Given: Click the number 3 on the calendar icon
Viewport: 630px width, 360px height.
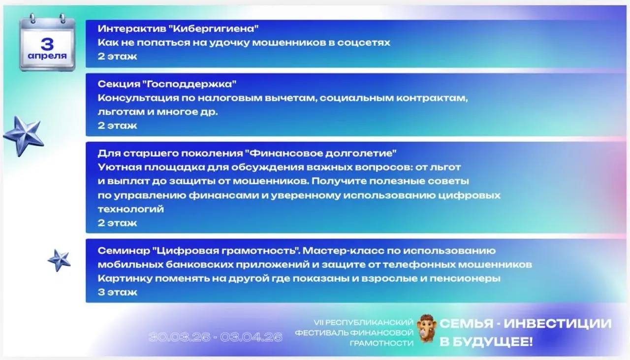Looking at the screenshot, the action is (x=47, y=44).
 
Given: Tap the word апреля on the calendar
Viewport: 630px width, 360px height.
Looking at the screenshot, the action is (x=47, y=56).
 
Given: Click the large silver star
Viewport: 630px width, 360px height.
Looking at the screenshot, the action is (x=24, y=135).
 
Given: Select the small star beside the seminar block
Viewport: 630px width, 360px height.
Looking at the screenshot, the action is (x=60, y=261).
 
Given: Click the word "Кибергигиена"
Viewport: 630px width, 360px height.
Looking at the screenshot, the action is (x=216, y=29).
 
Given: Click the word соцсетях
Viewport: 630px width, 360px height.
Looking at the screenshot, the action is (x=364, y=43).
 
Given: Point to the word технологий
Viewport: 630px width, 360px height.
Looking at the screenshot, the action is (x=131, y=209).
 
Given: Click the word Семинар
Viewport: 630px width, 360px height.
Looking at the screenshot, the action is (x=124, y=251).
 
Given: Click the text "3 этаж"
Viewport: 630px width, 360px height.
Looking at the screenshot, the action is (x=117, y=292).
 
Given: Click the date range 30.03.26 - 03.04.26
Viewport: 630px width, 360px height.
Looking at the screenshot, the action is (x=215, y=337).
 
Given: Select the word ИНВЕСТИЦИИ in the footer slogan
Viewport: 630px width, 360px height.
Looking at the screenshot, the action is (x=558, y=324).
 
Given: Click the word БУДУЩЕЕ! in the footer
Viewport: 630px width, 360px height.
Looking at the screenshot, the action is (x=493, y=342).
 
